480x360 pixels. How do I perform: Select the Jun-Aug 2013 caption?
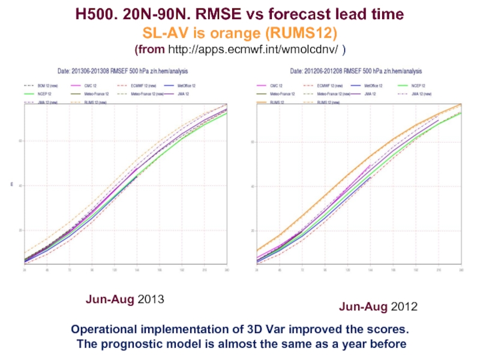tap(125, 298)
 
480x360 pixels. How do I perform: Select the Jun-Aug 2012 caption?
tap(378, 307)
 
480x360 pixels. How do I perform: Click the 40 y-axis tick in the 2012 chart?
tap(253, 186)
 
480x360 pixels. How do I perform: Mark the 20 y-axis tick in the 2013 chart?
tap(20, 230)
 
